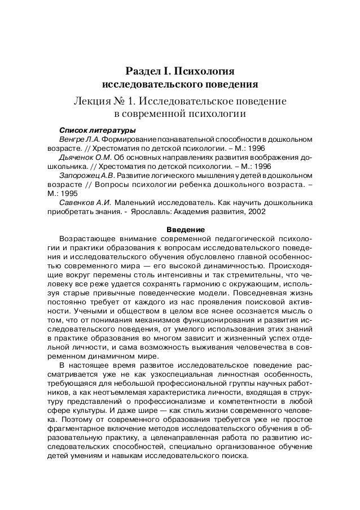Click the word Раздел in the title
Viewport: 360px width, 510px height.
pos(142,72)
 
